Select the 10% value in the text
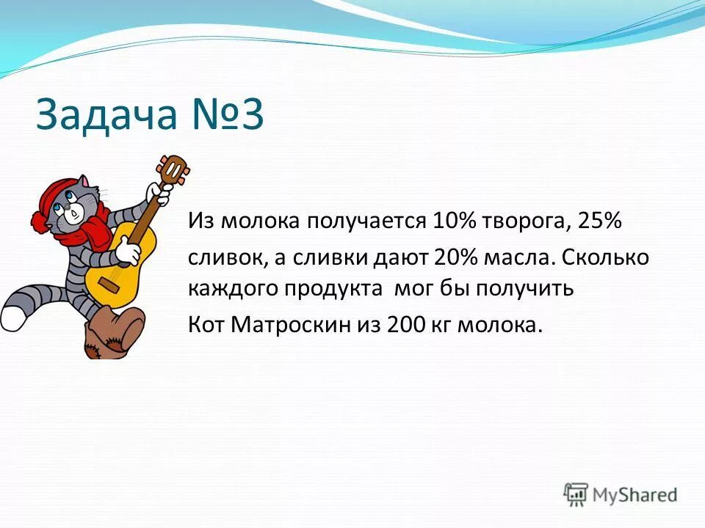pyautogui.click(x=454, y=221)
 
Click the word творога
pyautogui.click(x=524, y=221)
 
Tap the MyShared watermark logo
pyautogui.click(x=621, y=494)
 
